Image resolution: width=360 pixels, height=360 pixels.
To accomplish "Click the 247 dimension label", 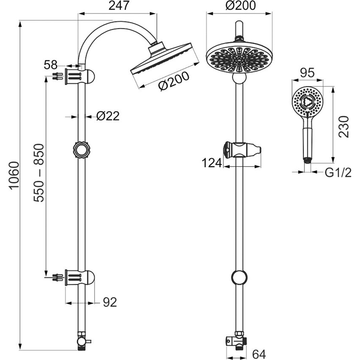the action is coord(119,6).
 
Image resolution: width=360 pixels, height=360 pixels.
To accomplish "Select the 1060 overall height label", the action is coord(14,175).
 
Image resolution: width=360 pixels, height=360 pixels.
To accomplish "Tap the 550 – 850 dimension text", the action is coord(38,173).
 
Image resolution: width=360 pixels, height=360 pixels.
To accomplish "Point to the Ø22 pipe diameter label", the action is coord(108,116).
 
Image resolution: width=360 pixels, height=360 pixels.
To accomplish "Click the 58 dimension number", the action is coord(50,65).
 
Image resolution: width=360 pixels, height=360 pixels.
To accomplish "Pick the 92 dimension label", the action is coord(110,302).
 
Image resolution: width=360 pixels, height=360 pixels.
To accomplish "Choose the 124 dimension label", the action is coord(212,163).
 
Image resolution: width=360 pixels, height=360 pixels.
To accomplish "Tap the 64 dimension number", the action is coord(259,354).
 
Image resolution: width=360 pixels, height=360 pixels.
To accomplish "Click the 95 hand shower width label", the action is coord(307,73).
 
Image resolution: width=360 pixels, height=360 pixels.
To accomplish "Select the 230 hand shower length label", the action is coord(344,127).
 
